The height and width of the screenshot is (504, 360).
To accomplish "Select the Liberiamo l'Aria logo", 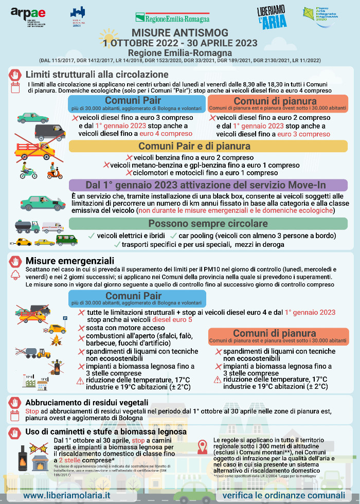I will pyautogui.click(x=272, y=17).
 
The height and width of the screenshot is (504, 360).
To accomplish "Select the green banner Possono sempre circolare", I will pyautogui.click(x=208, y=224).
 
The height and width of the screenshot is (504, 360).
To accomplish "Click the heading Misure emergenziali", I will pyautogui.click(x=69, y=261).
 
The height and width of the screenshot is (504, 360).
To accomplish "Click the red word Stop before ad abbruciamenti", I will pyautogui.click(x=32, y=411).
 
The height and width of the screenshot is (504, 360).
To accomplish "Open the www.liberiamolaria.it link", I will pyautogui.click(x=67, y=495).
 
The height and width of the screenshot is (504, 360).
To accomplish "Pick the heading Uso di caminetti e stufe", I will pyautogui.click(x=105, y=431).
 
